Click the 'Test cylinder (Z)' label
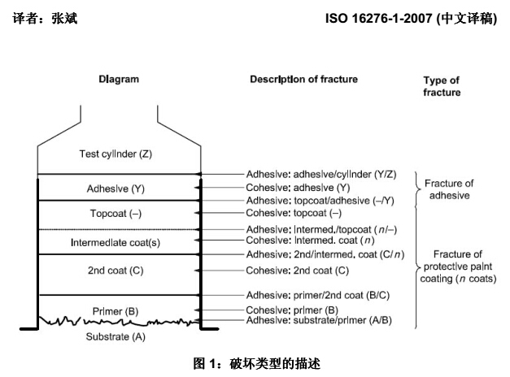pyautogui.click(x=116, y=154)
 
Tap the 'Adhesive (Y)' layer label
pyautogui.click(x=116, y=188)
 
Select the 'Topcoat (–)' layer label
pyautogui.click(x=116, y=214)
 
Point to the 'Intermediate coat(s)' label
pyautogui.click(x=116, y=242)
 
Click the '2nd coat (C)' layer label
pyautogui.click(x=116, y=271)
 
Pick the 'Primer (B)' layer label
pyautogui.click(x=116, y=311)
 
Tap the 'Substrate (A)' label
pyautogui.click(x=116, y=336)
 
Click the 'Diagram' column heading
pyautogui.click(x=119, y=80)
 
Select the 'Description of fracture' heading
pyautogui.click(x=303, y=80)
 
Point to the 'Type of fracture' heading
pyautogui.click(x=442, y=86)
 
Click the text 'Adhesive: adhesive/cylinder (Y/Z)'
pyautogui.click(x=321, y=175)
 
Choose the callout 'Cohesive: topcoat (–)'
pyautogui.click(x=294, y=213)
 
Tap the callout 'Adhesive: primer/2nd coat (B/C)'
pyautogui.click(x=318, y=296)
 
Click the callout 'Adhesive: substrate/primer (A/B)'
pyautogui.click(x=319, y=320)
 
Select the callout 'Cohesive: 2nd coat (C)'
pyautogui.click(x=297, y=271)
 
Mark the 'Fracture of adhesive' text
pyautogui.click(x=449, y=189)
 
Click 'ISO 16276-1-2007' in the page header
pyautogui.click(x=379, y=19)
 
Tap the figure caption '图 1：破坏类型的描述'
pyautogui.click(x=256, y=364)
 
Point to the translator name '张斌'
pyautogui.click(x=64, y=18)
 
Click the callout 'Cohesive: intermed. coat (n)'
pyautogui.click(x=310, y=240)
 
